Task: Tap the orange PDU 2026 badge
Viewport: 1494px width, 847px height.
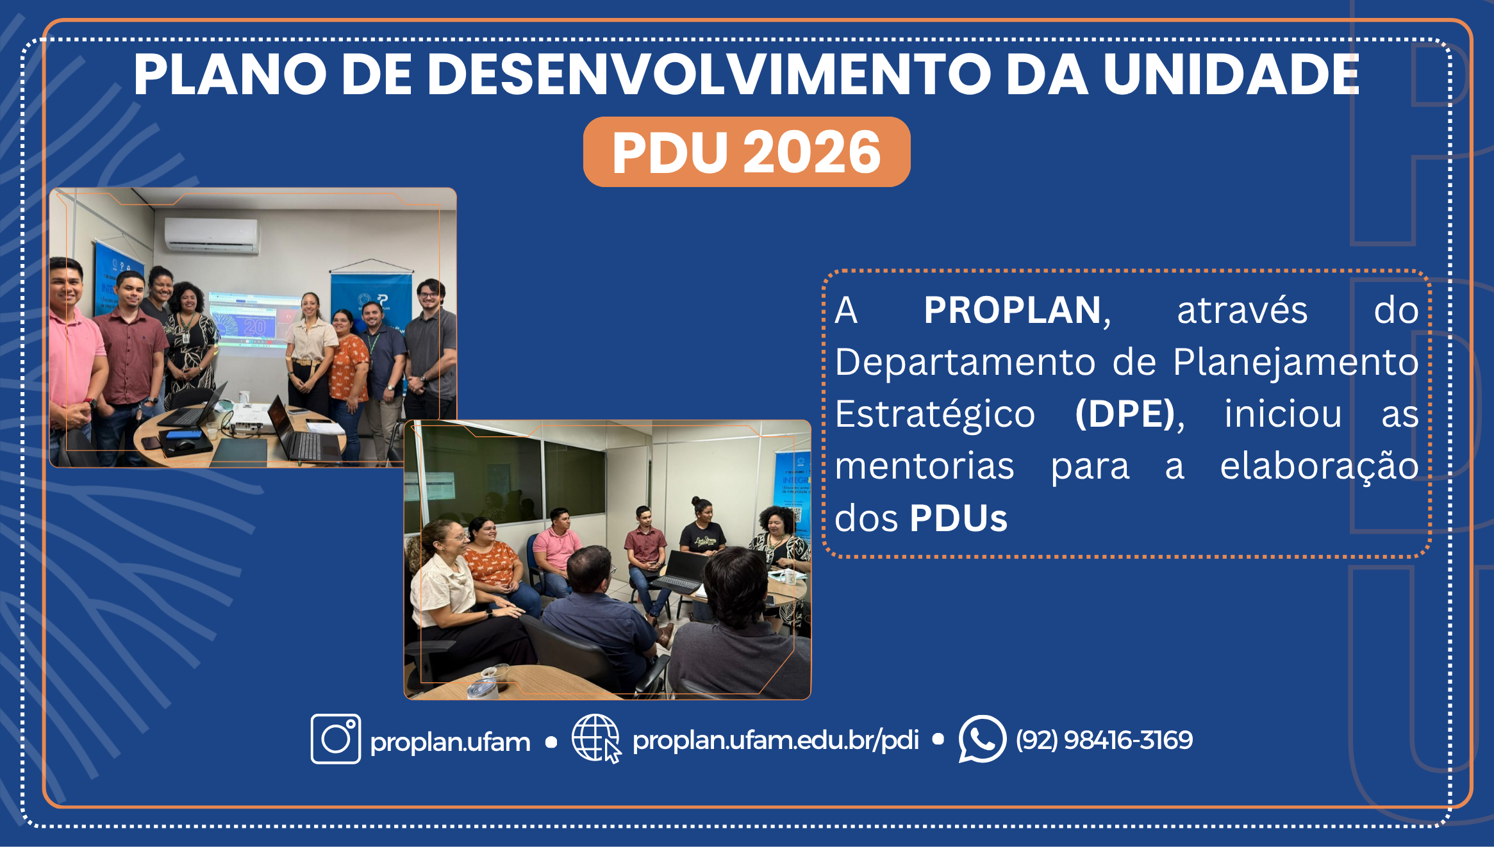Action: coord(746,152)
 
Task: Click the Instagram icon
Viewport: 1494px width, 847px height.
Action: coord(335,739)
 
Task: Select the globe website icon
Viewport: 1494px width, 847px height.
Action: coord(595,739)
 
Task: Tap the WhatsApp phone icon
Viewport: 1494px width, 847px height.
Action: coord(981,739)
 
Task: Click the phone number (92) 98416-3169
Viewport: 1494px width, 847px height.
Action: coord(1104,740)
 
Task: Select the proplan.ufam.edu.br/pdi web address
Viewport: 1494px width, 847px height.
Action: coord(776,740)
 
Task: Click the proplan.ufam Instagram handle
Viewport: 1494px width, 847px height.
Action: coord(450,742)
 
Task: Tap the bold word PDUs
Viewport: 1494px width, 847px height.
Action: coord(958,518)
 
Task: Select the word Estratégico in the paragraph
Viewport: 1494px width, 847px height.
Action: coord(934,414)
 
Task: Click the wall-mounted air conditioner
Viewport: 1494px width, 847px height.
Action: coord(212,235)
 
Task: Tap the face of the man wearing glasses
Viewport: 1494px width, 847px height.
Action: coord(431,296)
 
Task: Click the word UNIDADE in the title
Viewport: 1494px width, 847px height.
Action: coord(1231,75)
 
